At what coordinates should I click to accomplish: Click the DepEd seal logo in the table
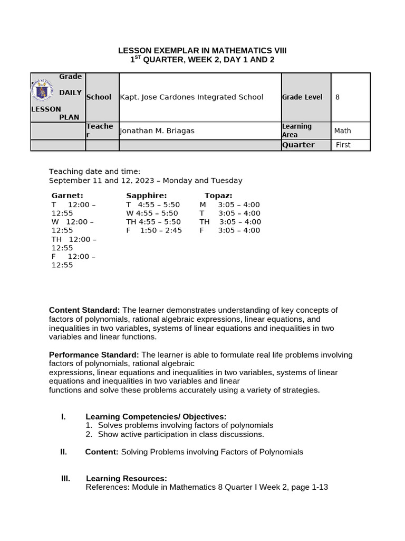pyautogui.click(x=42, y=91)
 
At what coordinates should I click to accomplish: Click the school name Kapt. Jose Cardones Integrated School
pyautogui.click(x=191, y=97)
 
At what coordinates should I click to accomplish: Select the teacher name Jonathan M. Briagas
pyautogui.click(x=157, y=131)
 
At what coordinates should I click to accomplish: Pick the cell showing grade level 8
pyautogui.click(x=337, y=97)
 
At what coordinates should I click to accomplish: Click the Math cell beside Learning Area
pyautogui.click(x=342, y=131)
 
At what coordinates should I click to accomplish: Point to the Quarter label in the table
pyautogui.click(x=298, y=145)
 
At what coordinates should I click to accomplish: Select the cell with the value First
pyautogui.click(x=343, y=145)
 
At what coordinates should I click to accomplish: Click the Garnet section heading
pyautogui.click(x=67, y=195)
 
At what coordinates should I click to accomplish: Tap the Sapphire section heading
pyautogui.click(x=146, y=195)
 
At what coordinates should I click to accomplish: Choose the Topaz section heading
pyautogui.click(x=218, y=195)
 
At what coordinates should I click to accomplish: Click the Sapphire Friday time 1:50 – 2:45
pyautogui.click(x=161, y=230)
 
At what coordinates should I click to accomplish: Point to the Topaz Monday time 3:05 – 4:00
pyautogui.click(x=239, y=204)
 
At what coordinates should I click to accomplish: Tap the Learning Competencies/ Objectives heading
pyautogui.click(x=156, y=417)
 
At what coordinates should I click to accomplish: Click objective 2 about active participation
pyautogui.click(x=180, y=434)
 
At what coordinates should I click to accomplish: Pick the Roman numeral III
pyautogui.click(x=65, y=479)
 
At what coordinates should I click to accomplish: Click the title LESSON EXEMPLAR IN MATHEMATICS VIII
pyautogui.click(x=202, y=50)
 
